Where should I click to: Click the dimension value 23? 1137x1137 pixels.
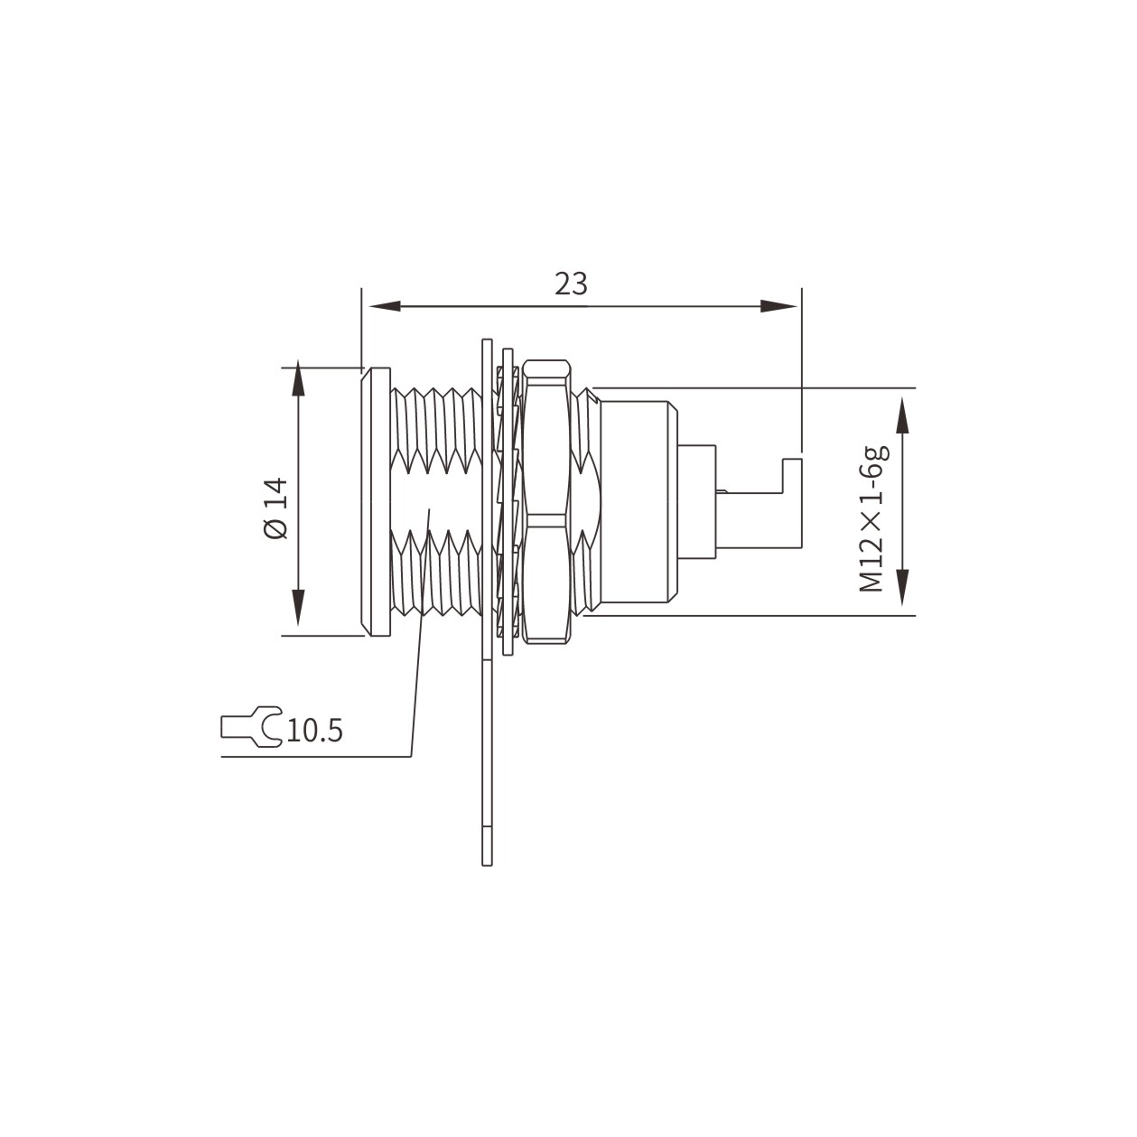point(571,284)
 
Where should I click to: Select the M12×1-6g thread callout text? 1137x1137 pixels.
point(873,518)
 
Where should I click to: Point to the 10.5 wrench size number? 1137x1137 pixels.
point(314,731)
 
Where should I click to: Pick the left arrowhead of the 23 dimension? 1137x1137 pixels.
point(385,306)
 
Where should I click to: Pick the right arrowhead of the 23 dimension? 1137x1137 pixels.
point(778,306)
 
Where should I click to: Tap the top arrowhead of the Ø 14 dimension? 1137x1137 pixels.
point(299,380)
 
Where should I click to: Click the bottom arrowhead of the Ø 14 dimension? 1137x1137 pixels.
point(299,608)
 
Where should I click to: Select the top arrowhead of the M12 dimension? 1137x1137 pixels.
point(903,415)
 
